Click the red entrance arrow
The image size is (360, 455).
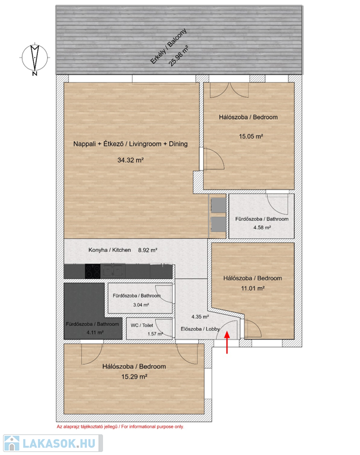pos(227,342)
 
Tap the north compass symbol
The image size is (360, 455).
pos(35,58)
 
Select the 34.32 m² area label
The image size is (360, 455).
pos(130,160)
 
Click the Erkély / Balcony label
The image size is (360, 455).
pos(168,46)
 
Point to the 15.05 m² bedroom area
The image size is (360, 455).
pos(251,136)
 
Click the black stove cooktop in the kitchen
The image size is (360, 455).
pos(92,271)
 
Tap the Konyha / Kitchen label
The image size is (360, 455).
pos(110,250)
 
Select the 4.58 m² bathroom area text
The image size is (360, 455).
pos(262,227)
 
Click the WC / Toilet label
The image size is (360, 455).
pos(142,325)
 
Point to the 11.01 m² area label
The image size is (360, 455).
pos(253,288)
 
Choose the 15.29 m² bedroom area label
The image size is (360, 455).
pos(134,377)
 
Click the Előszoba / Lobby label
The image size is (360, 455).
pos(200,329)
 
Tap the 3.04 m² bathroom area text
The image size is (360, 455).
pos(141,305)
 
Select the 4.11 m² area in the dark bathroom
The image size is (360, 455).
pos(95,332)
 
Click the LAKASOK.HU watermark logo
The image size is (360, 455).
pos(53,443)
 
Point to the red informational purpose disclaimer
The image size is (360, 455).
pos(120,427)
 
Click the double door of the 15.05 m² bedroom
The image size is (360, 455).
pos(229,90)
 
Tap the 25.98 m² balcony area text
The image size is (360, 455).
pos(179,56)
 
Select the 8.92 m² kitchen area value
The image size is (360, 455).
pos(147,250)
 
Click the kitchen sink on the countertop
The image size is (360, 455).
pos(113,271)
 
